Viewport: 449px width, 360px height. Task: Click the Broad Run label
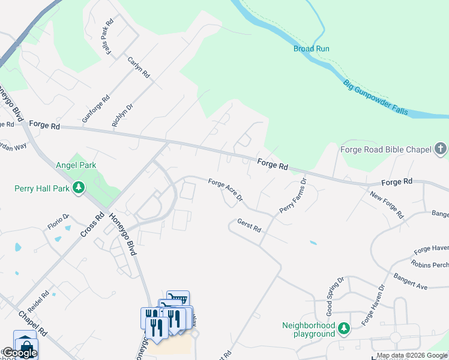(311, 49)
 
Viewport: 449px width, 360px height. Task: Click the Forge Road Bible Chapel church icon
(440, 148)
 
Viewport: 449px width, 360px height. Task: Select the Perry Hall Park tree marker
(78, 188)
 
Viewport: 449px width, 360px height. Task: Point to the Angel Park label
(76, 165)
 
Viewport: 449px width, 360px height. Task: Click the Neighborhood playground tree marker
(343, 328)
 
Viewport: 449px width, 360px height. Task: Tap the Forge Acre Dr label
(225, 190)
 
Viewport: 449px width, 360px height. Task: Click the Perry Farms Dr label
(293, 195)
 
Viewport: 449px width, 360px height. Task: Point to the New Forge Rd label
(387, 205)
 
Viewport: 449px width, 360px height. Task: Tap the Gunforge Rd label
(96, 109)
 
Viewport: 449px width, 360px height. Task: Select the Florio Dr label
(59, 223)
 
